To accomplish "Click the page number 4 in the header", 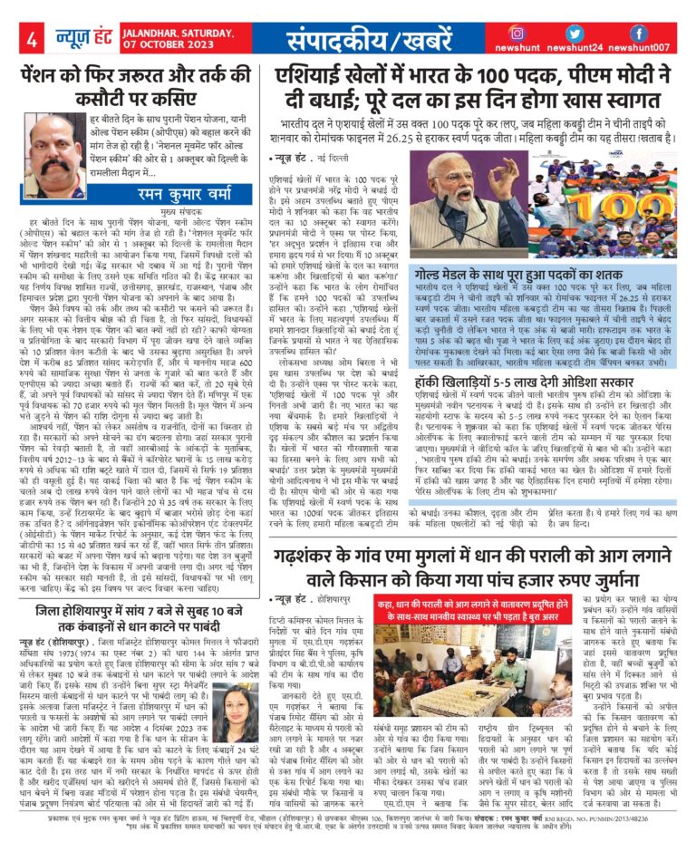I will [x=30, y=41].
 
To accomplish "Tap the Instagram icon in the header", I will [x=517, y=33].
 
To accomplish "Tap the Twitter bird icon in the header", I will [x=577, y=33].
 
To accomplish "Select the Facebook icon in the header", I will [x=638, y=33].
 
